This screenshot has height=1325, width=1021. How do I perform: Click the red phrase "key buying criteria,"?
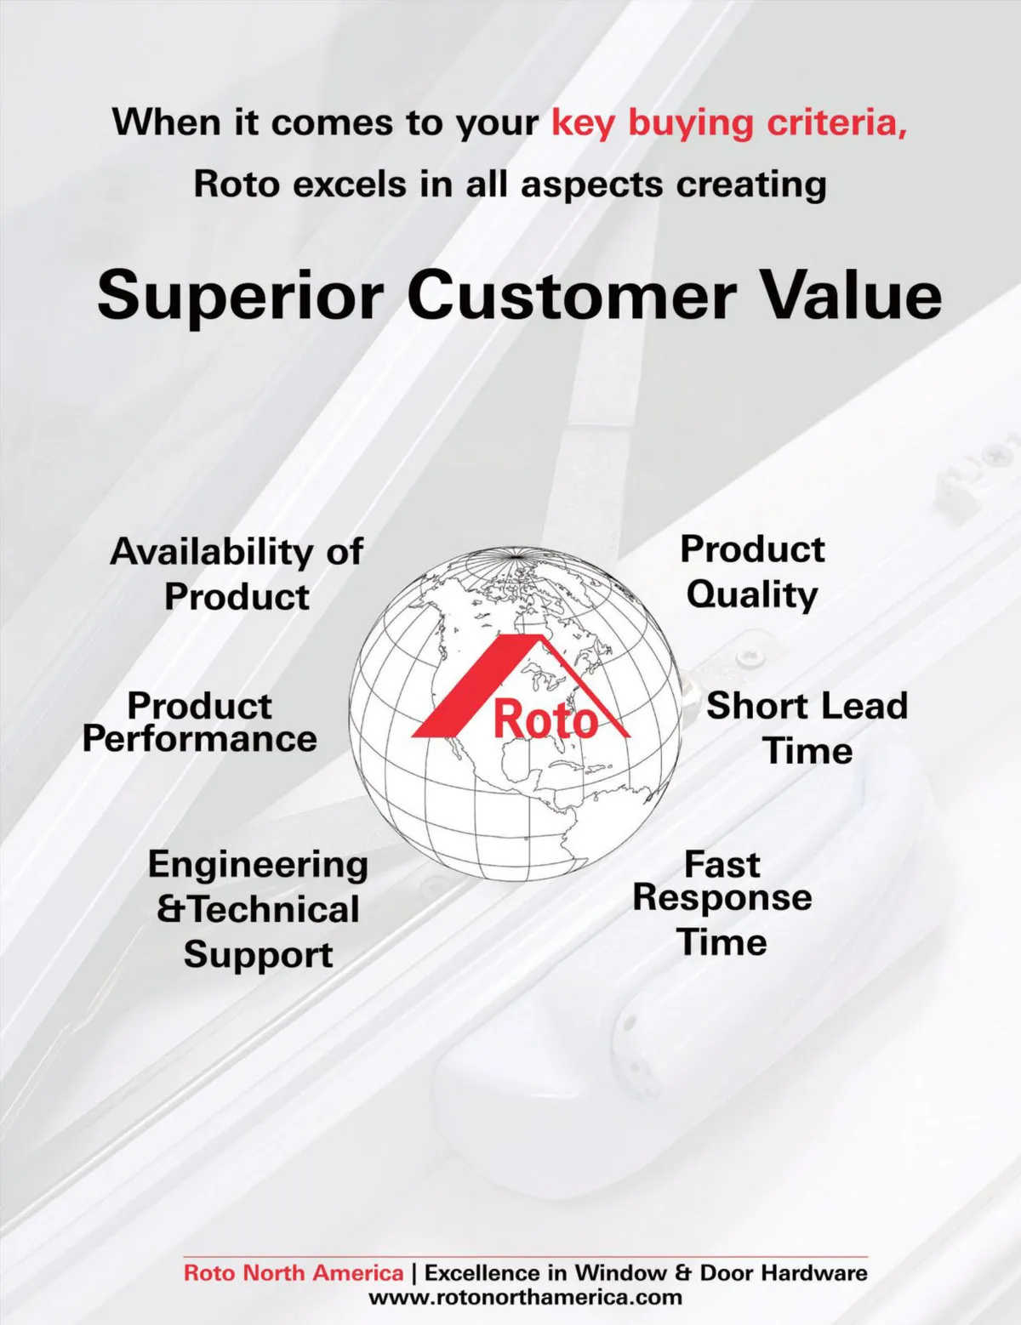(x=729, y=123)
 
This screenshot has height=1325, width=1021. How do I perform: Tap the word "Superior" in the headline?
(x=240, y=298)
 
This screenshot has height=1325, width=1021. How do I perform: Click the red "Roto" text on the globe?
(x=546, y=719)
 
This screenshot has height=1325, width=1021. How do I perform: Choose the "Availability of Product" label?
(x=237, y=573)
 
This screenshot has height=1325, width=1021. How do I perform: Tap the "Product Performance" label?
(x=200, y=722)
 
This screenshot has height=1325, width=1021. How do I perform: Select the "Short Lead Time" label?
(x=807, y=727)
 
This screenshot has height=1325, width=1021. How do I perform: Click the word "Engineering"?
(x=258, y=865)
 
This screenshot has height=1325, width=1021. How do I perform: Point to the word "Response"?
(x=722, y=898)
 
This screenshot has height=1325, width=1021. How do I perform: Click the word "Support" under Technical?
(x=258, y=954)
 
